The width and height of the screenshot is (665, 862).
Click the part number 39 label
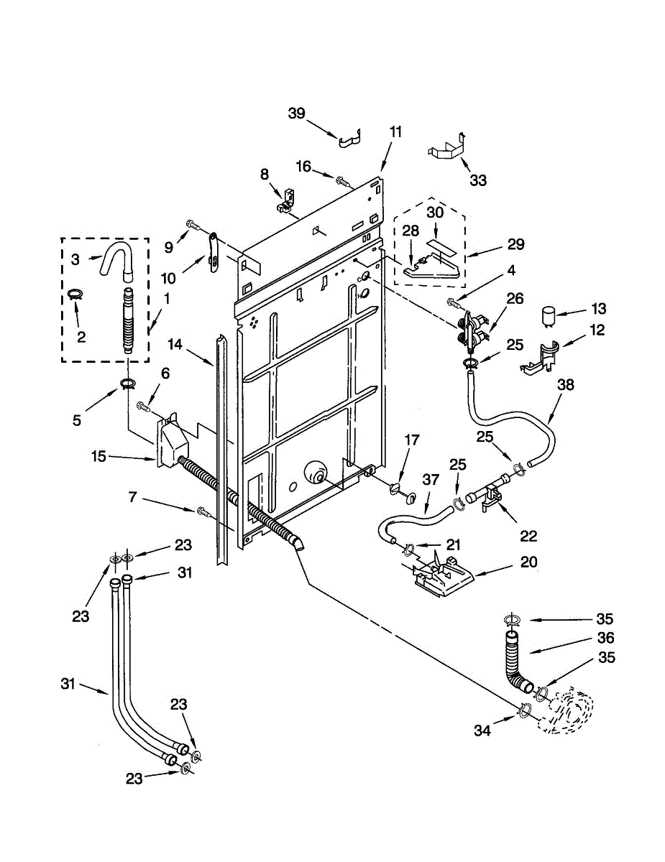tap(297, 113)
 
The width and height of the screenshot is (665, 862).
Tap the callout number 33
tap(478, 180)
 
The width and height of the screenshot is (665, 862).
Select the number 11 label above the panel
tap(395, 131)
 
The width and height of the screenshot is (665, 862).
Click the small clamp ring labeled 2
tap(75, 294)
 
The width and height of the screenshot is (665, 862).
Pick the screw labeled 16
tap(343, 181)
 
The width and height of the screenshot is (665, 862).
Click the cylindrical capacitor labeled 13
tap(549, 317)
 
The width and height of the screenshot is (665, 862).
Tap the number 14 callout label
tap(175, 344)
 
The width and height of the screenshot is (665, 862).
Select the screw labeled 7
tap(203, 511)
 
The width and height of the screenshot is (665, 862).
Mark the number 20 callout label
tap(528, 562)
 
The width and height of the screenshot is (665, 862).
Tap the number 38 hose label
tap(566, 385)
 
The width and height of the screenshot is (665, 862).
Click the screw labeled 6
tap(143, 406)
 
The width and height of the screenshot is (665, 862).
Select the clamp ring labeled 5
tap(127, 384)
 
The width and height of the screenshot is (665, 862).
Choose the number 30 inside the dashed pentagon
tap(435, 213)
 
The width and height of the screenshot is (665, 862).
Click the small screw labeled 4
tap(455, 303)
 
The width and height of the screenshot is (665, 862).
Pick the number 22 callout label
tap(528, 536)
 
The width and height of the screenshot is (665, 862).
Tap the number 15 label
tap(98, 456)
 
